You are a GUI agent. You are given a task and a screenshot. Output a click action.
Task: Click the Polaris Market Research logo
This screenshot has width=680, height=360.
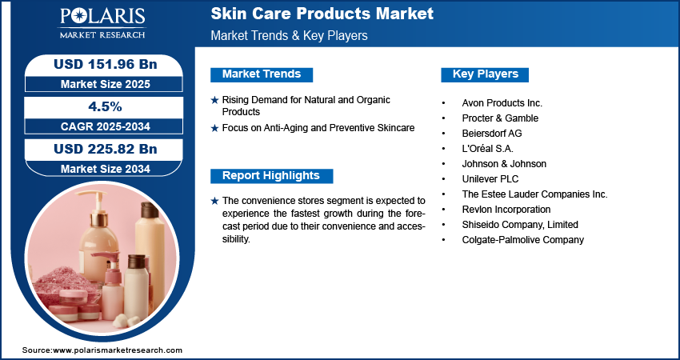click(102, 23)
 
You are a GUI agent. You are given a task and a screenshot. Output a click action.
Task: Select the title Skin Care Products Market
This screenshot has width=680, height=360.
click(322, 14)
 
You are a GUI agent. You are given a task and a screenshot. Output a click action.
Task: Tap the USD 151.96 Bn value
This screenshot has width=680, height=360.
click(106, 64)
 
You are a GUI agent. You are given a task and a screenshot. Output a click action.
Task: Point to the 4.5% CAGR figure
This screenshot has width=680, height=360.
click(106, 106)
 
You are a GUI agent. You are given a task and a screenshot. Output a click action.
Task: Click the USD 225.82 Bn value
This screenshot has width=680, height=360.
click(106, 149)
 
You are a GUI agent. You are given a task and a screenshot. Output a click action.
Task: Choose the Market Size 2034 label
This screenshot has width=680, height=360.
click(106, 169)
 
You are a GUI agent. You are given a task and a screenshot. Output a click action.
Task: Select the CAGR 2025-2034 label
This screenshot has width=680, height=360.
click(106, 126)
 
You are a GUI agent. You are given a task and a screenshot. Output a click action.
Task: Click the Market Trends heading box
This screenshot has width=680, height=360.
click(262, 74)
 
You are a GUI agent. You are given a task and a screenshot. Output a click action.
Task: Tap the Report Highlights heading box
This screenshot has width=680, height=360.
click(271, 176)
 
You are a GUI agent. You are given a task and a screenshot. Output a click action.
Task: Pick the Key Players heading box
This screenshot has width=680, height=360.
click(485, 74)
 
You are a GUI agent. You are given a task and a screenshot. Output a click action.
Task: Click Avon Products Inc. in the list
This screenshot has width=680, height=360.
click(502, 103)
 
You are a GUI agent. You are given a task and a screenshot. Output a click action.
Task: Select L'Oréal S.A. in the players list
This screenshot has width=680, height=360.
click(487, 149)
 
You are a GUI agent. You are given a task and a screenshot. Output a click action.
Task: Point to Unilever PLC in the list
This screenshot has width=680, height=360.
click(490, 179)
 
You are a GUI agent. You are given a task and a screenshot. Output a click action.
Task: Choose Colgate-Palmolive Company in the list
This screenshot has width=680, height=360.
click(523, 240)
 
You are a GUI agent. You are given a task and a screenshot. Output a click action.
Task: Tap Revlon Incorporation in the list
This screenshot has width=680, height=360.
click(506, 210)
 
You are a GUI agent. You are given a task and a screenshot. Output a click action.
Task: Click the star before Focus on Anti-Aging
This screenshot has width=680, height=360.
click(214, 128)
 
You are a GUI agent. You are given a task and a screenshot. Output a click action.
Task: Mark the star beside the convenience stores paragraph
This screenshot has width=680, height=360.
click(214, 202)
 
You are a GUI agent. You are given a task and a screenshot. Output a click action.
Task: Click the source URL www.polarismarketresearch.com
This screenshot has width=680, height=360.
click(118, 350)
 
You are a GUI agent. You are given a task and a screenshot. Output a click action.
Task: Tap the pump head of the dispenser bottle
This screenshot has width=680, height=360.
click(94, 198)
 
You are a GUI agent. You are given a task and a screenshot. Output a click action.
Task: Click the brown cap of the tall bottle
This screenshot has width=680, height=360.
click(150, 210)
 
